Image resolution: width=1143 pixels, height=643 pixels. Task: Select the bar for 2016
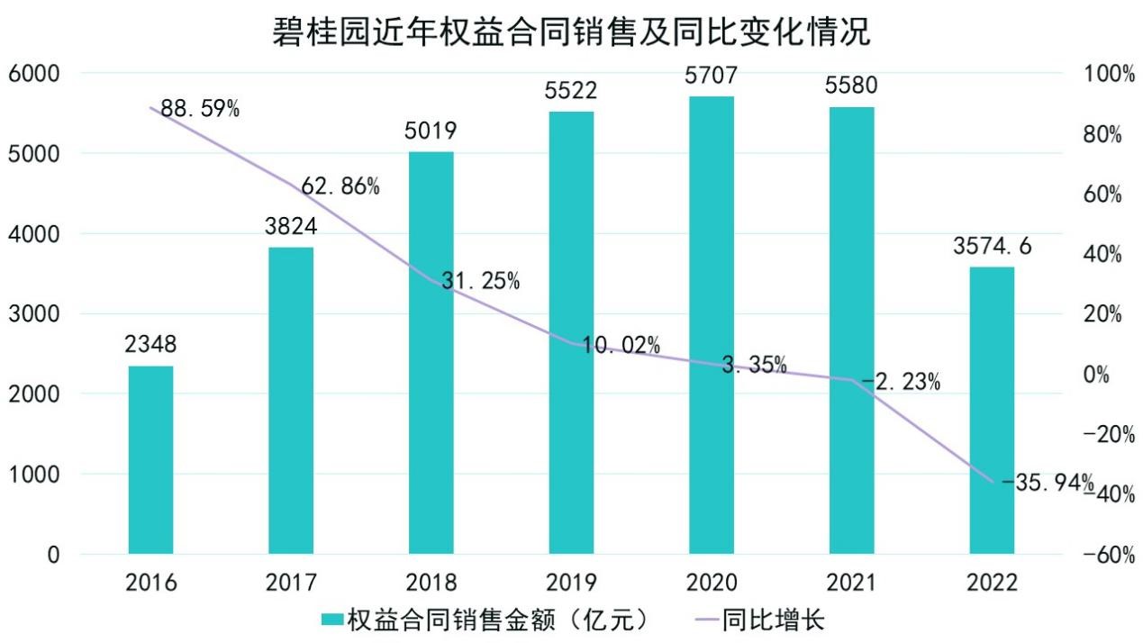(x=150, y=459)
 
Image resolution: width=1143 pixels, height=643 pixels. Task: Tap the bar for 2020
(x=712, y=324)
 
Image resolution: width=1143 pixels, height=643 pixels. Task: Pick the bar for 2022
(x=992, y=410)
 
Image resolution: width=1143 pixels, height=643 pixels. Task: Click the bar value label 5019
(x=431, y=131)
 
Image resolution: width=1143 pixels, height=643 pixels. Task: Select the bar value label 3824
(x=291, y=226)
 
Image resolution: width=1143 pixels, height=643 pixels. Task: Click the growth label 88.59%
(x=201, y=110)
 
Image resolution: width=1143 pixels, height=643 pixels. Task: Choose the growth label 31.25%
(x=480, y=281)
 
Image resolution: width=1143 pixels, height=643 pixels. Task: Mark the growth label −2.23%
(x=901, y=383)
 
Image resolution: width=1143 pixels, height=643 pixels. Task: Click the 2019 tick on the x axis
(x=571, y=582)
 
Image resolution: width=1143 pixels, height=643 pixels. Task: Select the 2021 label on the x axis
(x=851, y=582)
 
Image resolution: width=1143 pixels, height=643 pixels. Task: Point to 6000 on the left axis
(x=33, y=73)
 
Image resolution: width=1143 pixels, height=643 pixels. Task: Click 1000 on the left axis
(x=33, y=475)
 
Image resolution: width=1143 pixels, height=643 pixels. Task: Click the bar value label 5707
(x=711, y=76)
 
